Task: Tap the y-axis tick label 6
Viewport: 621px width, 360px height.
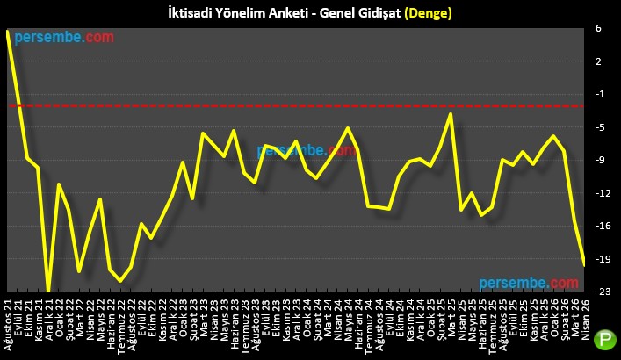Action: [597, 28]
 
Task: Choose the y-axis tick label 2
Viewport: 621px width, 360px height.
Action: [597, 61]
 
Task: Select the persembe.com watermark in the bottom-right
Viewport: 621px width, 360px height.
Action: [529, 283]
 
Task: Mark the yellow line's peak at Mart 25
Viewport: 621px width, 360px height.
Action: [451, 114]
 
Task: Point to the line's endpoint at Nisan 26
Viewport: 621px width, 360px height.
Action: [585, 263]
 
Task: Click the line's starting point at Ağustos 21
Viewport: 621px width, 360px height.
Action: [8, 32]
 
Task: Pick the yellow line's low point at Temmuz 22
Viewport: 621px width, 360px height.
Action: [121, 281]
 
